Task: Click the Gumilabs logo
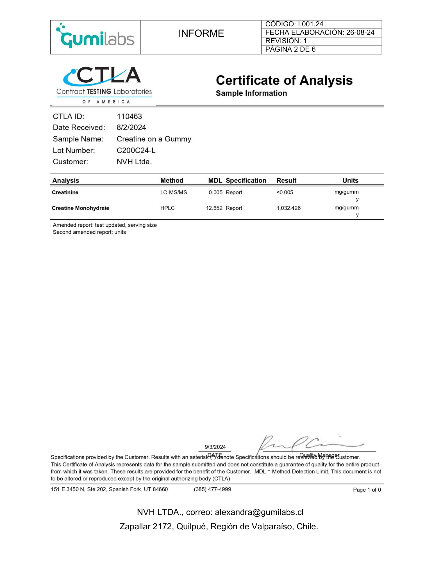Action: pos(95,37)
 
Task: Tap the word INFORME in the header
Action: pos(201,33)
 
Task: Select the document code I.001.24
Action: pos(310,24)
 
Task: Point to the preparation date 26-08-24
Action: pos(360,33)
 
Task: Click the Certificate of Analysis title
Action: pos(284,81)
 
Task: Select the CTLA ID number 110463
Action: pos(129,116)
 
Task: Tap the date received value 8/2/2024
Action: pos(131,128)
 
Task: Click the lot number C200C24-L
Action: pos(136,151)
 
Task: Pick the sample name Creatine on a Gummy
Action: pos(154,139)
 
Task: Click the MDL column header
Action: pos(215,181)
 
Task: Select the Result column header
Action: pos(286,181)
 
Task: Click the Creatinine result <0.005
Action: pos(285,192)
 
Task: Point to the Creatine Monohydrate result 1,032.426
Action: pos(288,208)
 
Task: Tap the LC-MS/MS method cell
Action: pos(173,192)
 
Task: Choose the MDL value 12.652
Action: pos(214,208)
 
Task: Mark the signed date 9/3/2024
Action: pos(215,447)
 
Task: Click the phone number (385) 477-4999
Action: pos(212,489)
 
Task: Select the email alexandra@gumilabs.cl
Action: pos(259,512)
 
